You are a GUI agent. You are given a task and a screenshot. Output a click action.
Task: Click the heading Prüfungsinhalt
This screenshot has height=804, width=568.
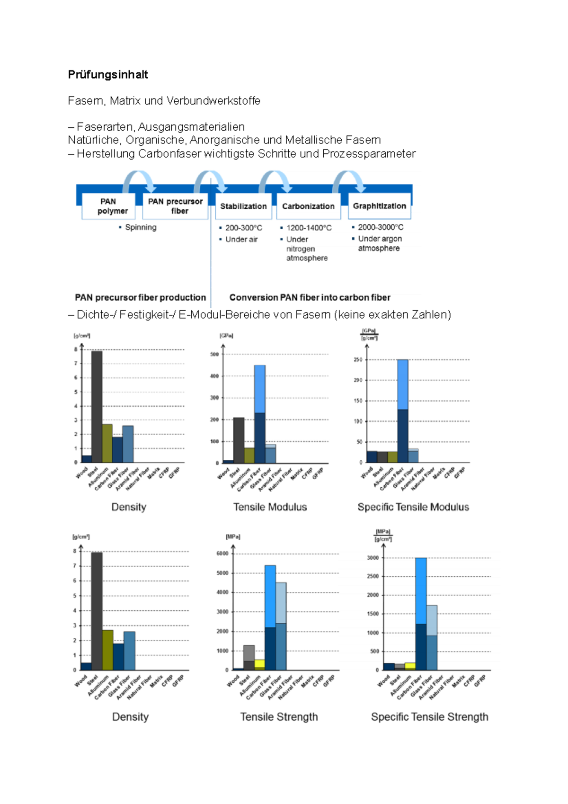point(108,74)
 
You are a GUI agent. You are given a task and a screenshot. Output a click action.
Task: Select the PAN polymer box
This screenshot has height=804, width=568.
point(108,206)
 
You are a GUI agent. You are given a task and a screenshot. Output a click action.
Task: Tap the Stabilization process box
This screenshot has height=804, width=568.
point(243,206)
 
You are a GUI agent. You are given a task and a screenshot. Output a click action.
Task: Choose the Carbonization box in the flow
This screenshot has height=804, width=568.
point(308,206)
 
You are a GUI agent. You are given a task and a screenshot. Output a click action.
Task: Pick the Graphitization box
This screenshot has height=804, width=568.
point(379,206)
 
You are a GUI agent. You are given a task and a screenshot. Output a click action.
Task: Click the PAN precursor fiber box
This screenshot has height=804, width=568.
point(175,206)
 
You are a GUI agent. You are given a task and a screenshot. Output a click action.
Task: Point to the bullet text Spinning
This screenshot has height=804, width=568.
point(141,227)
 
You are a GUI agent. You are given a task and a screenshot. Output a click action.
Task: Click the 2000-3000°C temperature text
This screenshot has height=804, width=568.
point(381,227)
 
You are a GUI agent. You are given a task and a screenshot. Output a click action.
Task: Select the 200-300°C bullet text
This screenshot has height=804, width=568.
point(243,228)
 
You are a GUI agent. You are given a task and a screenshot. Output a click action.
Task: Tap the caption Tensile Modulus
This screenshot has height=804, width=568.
point(270,507)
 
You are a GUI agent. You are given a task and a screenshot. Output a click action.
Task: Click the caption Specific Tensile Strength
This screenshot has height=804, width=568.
point(429,717)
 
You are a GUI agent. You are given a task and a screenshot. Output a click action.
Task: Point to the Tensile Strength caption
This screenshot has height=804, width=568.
point(279,717)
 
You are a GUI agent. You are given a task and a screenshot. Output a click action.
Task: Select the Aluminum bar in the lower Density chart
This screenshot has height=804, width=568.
point(108,650)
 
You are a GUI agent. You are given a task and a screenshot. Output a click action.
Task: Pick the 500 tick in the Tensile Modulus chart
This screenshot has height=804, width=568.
point(214,354)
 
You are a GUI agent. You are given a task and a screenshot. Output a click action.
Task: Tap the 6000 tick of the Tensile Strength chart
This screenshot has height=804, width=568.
point(222,553)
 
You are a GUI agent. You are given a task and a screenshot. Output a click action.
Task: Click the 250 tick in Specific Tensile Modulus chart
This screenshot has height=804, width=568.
point(358,360)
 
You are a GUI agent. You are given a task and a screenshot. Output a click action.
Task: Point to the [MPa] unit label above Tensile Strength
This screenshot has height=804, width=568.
point(233,536)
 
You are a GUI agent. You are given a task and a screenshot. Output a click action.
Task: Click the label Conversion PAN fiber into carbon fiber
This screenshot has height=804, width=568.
point(310,297)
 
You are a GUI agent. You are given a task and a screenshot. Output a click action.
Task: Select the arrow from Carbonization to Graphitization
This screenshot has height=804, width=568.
point(349,180)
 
